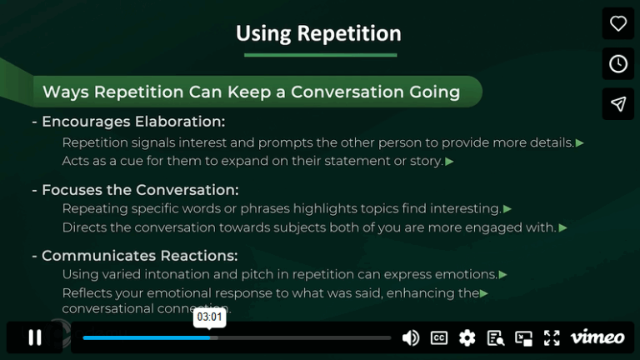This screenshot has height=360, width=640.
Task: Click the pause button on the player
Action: (x=35, y=337)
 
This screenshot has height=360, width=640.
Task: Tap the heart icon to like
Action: (x=618, y=23)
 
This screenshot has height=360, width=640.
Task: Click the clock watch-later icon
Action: (x=618, y=64)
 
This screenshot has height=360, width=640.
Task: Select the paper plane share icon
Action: (x=618, y=104)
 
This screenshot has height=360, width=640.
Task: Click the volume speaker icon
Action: (x=411, y=337)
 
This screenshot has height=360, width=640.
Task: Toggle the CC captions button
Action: (x=439, y=337)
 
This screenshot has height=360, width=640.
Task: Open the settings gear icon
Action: (x=467, y=337)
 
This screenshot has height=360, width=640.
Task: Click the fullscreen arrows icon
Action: (x=552, y=337)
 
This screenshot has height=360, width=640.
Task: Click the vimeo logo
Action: (x=597, y=337)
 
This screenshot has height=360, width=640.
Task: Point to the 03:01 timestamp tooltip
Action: (x=210, y=317)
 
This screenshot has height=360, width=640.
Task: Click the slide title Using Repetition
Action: (x=318, y=33)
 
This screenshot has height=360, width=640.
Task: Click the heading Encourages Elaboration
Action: (x=133, y=122)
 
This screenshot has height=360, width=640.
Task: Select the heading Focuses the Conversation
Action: (x=140, y=189)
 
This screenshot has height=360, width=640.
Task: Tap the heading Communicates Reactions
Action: (x=139, y=255)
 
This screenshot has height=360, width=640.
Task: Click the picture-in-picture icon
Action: (x=523, y=337)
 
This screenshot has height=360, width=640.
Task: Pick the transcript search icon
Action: (x=496, y=337)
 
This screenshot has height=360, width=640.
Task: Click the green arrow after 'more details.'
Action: (x=580, y=142)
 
